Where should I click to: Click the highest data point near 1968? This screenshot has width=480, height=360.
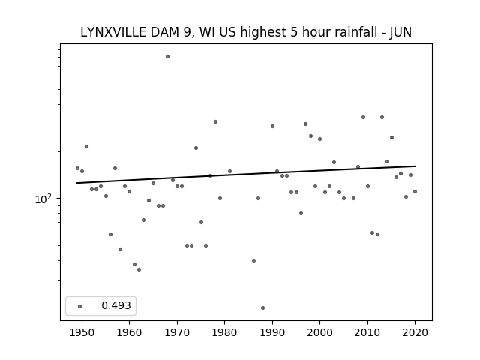(167, 56)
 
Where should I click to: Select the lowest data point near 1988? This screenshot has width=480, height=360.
(262, 307)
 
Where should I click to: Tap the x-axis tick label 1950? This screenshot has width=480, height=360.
(82, 331)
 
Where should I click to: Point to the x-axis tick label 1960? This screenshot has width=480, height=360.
(129, 331)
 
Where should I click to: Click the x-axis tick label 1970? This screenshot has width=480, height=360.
(177, 331)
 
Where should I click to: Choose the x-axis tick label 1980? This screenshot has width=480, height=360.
(224, 331)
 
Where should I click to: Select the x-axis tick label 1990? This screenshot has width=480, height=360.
(272, 331)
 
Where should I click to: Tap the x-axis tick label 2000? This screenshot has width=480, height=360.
(319, 331)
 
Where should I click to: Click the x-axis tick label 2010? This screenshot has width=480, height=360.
(367, 331)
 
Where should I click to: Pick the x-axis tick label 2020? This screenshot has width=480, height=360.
(415, 331)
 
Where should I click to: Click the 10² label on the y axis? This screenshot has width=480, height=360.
(43, 199)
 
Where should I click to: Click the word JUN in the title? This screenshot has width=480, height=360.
(399, 33)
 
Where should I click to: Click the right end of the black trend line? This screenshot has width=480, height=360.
(415, 166)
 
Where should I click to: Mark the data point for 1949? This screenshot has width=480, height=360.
(77, 168)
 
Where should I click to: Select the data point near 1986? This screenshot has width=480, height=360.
(253, 260)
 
